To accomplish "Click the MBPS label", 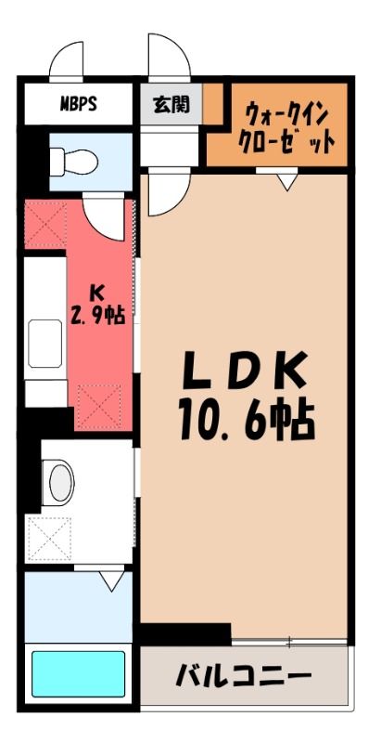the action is point(79,104).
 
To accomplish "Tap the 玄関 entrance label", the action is point(171,104).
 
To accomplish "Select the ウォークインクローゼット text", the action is point(286,128).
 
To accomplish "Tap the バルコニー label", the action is point(244,676).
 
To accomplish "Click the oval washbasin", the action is point(61,482).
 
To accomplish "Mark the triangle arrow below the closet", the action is point(287,182).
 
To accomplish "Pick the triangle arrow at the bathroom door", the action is point(111,581).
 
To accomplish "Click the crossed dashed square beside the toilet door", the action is point(44,225).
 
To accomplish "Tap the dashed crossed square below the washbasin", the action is point(49,540).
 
